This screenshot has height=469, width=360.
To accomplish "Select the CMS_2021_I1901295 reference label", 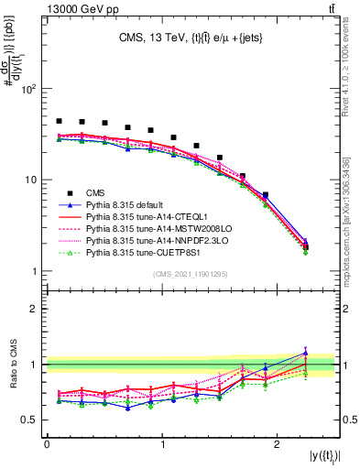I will click(191, 273).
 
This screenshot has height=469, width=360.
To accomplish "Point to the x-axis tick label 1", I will click(162, 444).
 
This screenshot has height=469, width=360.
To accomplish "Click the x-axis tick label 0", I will click(47, 444).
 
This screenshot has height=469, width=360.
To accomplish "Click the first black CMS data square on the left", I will click(59, 121).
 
